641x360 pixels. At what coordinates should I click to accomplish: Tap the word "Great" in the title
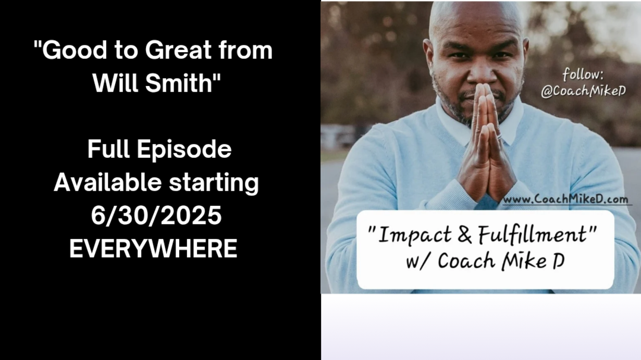point(178,50)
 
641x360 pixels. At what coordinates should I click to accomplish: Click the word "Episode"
point(184,150)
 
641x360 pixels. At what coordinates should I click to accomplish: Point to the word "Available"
point(107,182)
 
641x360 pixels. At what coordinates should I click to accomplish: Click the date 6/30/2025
point(156,216)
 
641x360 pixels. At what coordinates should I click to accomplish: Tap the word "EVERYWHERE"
point(153,249)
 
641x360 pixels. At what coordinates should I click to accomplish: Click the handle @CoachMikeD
point(583,91)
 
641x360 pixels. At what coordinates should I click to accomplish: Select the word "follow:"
point(583,75)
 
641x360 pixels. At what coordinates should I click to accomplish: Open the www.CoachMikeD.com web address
point(566,199)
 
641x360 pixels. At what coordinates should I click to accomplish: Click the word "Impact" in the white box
point(414,235)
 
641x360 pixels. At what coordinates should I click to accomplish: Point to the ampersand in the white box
point(464,234)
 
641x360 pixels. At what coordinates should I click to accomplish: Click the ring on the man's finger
point(500,136)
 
